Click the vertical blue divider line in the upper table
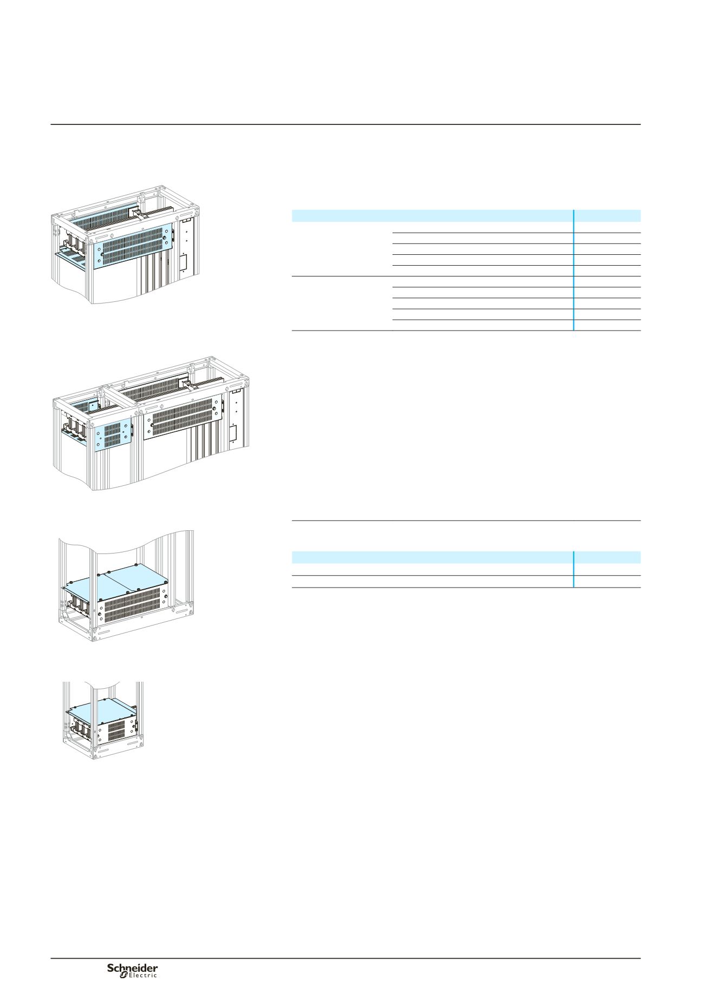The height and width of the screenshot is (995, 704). pyautogui.click(x=573, y=270)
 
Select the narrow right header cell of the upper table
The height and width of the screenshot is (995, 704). pyautogui.click(x=608, y=216)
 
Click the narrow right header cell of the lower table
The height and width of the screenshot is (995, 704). pyautogui.click(x=608, y=557)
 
